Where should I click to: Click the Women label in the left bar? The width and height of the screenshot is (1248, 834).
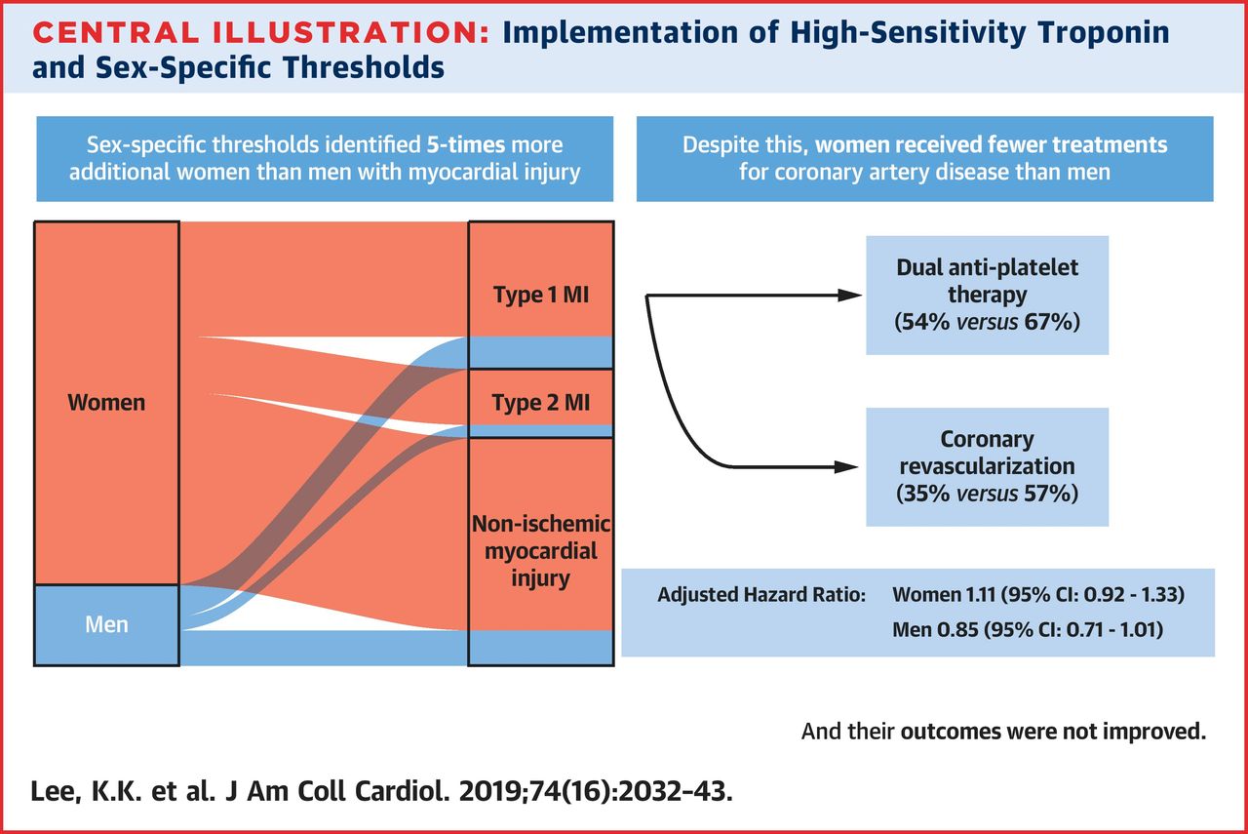pos(106,402)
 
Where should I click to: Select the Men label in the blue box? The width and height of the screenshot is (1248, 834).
pos(106,623)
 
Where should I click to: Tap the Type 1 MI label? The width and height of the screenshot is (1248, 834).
pos(541,295)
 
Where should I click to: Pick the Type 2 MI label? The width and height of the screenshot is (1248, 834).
pos(541,402)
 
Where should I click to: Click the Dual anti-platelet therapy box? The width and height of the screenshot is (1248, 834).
pos(987,295)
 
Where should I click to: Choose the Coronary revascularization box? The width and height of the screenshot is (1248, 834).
pos(987,466)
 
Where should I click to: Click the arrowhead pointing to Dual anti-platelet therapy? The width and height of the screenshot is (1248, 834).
pos(851,296)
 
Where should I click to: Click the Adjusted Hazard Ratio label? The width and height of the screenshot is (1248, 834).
pos(761,594)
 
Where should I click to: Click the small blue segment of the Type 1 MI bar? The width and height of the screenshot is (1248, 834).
pos(541,352)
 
